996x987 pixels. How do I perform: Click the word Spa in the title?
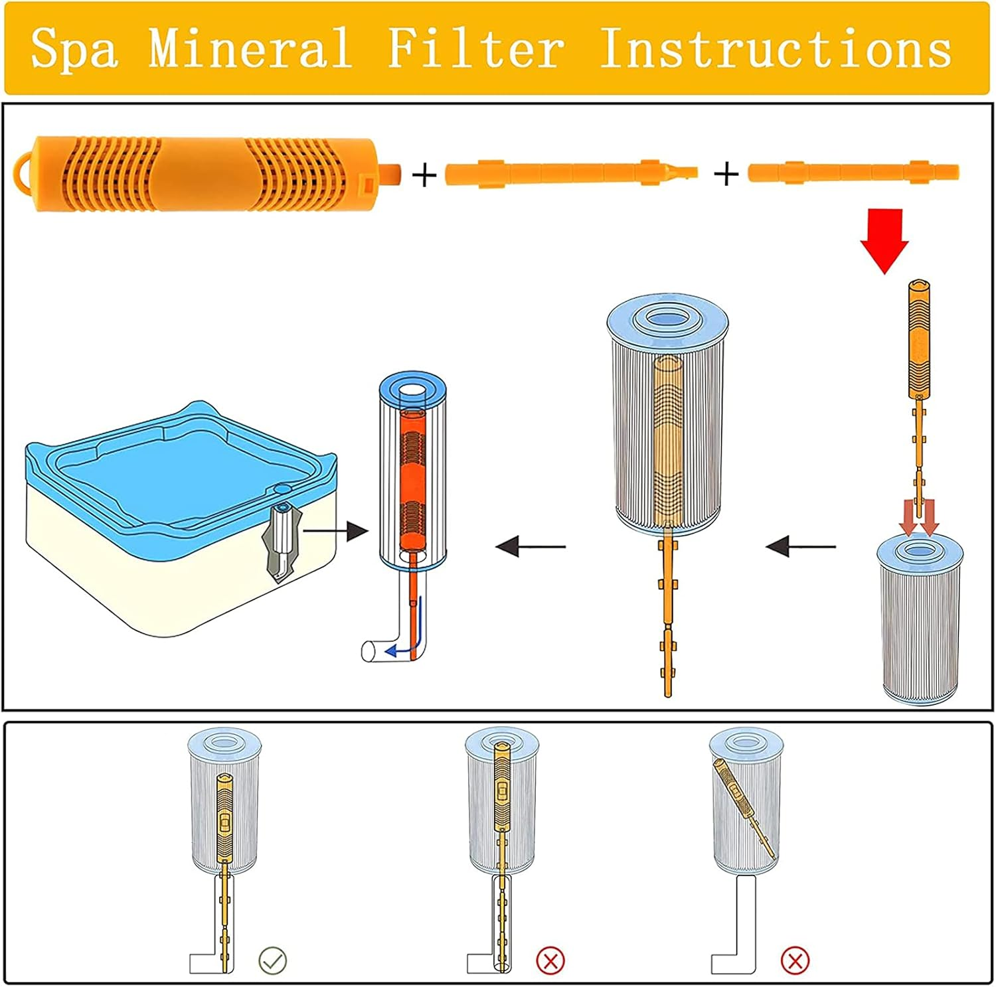pyautogui.click(x=74, y=48)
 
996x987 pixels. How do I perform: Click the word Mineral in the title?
pyautogui.click(x=250, y=48)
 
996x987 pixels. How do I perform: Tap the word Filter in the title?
pyautogui.click(x=475, y=48)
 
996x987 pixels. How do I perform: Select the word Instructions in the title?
pyautogui.click(x=775, y=48)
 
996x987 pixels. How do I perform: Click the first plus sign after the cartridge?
pyautogui.click(x=424, y=176)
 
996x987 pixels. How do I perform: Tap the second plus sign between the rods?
pyautogui.click(x=726, y=175)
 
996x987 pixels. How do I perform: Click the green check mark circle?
pyautogui.click(x=272, y=960)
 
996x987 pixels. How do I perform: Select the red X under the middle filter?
pyautogui.click(x=550, y=960)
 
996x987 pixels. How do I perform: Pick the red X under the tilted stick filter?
pyautogui.click(x=795, y=960)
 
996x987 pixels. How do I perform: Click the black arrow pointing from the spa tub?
pyautogui.click(x=335, y=530)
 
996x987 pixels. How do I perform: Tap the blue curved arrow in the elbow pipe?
pyautogui.click(x=398, y=648)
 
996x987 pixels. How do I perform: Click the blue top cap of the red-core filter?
pyautogui.click(x=412, y=388)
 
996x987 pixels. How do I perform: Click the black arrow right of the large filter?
pyautogui.click(x=800, y=547)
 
